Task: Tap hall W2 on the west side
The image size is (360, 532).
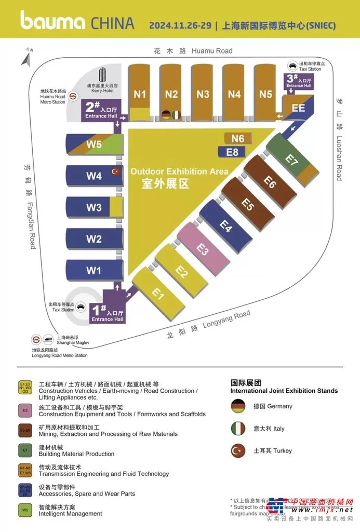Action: pos(94,240)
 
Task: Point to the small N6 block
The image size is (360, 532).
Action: pos(238,138)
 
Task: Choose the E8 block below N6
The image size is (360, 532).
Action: pos(232,152)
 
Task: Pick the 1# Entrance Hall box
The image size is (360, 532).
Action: pos(108,313)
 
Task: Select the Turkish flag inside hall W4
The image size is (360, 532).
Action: pos(115,171)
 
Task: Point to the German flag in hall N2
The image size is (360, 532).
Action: pos(166,115)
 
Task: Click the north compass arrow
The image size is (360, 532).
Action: pos(26,58)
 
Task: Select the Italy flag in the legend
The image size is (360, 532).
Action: pos(238,429)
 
